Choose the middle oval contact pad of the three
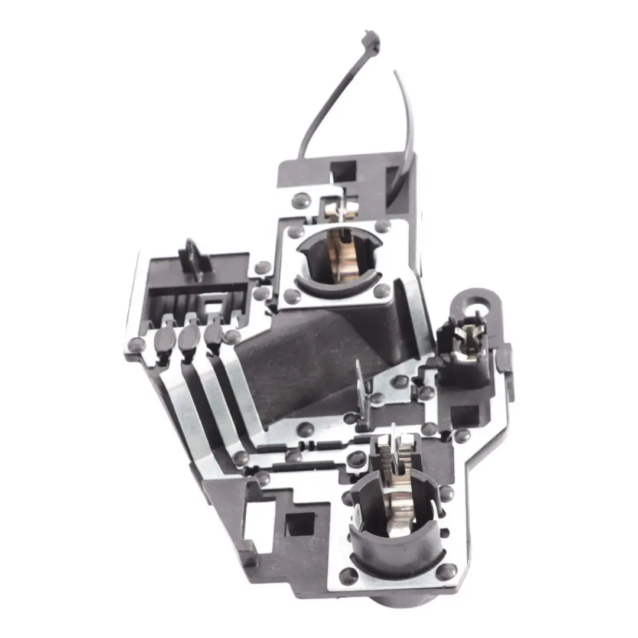pos(190,337)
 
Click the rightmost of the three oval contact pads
pos(213,335)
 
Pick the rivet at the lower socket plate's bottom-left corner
pos(349,576)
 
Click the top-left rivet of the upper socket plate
pos(295,232)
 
